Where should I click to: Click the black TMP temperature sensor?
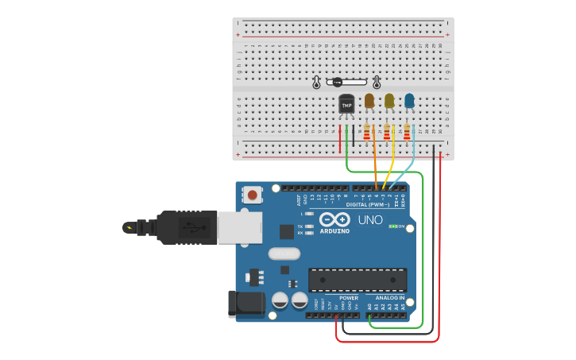point(346,104)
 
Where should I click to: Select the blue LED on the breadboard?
point(409,101)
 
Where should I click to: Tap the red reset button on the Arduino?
point(253,194)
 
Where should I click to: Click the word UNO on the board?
point(369,220)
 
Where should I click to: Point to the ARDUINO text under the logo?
point(334,231)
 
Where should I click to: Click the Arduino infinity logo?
point(334,219)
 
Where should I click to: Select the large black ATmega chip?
point(358,281)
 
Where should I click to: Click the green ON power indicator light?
point(392,226)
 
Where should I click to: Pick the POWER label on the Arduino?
point(348,298)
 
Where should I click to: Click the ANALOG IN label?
point(390,298)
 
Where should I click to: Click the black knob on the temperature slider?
point(337,82)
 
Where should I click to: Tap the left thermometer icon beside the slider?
point(316,82)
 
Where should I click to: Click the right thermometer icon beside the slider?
point(377,82)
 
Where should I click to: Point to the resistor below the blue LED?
point(407,133)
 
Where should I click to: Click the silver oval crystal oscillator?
point(284,254)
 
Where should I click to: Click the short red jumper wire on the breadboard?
point(340,139)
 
